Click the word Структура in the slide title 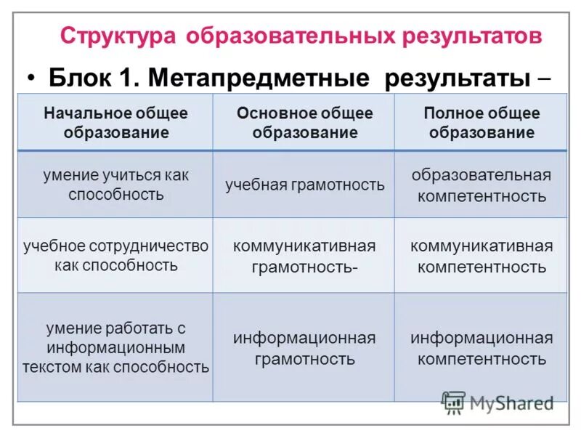click(x=118, y=36)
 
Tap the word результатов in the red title click(x=473, y=36)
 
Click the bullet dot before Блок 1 click(x=31, y=78)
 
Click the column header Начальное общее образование click(x=115, y=123)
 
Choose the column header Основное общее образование click(x=304, y=123)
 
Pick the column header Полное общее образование click(x=482, y=123)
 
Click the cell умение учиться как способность click(x=115, y=185)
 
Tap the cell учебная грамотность click(x=304, y=185)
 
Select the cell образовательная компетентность click(x=482, y=185)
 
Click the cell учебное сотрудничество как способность click(x=115, y=255)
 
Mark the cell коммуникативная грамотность click(x=304, y=256)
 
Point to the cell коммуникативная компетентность click(x=482, y=256)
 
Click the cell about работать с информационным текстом click(x=115, y=348)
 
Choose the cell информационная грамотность click(x=304, y=348)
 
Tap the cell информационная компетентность click(x=482, y=348)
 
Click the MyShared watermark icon click(x=453, y=402)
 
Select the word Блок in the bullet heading click(x=80, y=78)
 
